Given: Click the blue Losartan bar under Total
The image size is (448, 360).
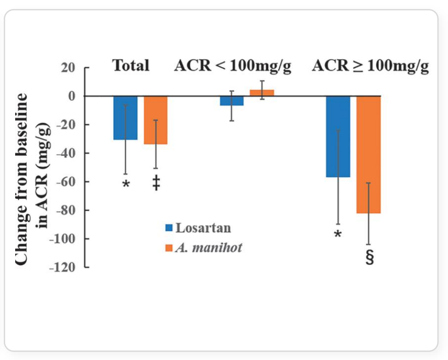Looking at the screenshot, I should pyautogui.click(x=125, y=118).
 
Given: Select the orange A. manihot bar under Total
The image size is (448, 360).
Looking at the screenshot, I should pyautogui.click(x=155, y=120).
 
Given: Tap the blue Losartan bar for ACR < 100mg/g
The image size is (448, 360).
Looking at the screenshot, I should pyautogui.click(x=232, y=101).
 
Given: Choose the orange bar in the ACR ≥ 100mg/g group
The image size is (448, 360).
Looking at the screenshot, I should pyautogui.click(x=368, y=154).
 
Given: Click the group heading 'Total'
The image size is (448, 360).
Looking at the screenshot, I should pyautogui.click(x=131, y=66).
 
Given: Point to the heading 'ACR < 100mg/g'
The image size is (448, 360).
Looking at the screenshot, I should pyautogui.click(x=232, y=66).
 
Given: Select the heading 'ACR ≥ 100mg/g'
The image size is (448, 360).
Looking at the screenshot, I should pyautogui.click(x=370, y=66).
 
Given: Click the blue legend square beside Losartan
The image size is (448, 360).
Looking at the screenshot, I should pyautogui.click(x=169, y=228).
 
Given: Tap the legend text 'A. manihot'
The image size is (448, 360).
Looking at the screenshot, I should pyautogui.click(x=209, y=247).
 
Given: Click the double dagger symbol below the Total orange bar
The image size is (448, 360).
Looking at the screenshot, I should pyautogui.click(x=156, y=183).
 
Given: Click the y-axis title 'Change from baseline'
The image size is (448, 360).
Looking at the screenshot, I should pyautogui.click(x=23, y=180).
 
